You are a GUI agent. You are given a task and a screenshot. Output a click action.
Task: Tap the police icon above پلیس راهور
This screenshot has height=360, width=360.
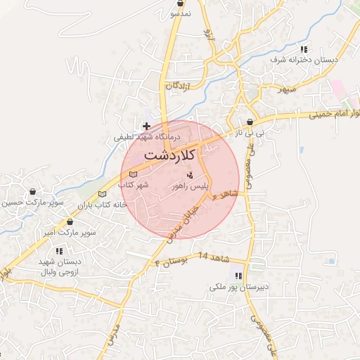tap(190, 175)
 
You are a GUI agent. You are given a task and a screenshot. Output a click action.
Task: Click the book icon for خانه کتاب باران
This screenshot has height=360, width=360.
tap(103, 194)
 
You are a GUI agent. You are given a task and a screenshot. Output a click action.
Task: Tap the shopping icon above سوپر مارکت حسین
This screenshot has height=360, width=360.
tap(32, 192)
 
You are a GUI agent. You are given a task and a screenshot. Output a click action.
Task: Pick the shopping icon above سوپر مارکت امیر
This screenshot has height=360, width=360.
tap(69, 221)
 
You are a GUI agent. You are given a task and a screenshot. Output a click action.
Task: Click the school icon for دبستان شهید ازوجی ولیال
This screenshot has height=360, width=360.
tap(59, 250)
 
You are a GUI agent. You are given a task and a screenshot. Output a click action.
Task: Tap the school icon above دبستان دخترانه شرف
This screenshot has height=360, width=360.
tap(304, 50)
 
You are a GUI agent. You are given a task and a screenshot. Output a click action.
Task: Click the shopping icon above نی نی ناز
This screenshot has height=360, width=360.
tap(250, 122)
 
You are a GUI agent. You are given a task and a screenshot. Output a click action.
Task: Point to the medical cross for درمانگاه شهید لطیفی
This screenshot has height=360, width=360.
tap(146, 127)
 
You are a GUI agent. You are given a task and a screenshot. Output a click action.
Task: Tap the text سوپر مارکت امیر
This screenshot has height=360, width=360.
tap(69, 231)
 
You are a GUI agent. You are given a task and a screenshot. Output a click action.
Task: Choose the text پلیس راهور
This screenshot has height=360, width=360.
tap(191, 186)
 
